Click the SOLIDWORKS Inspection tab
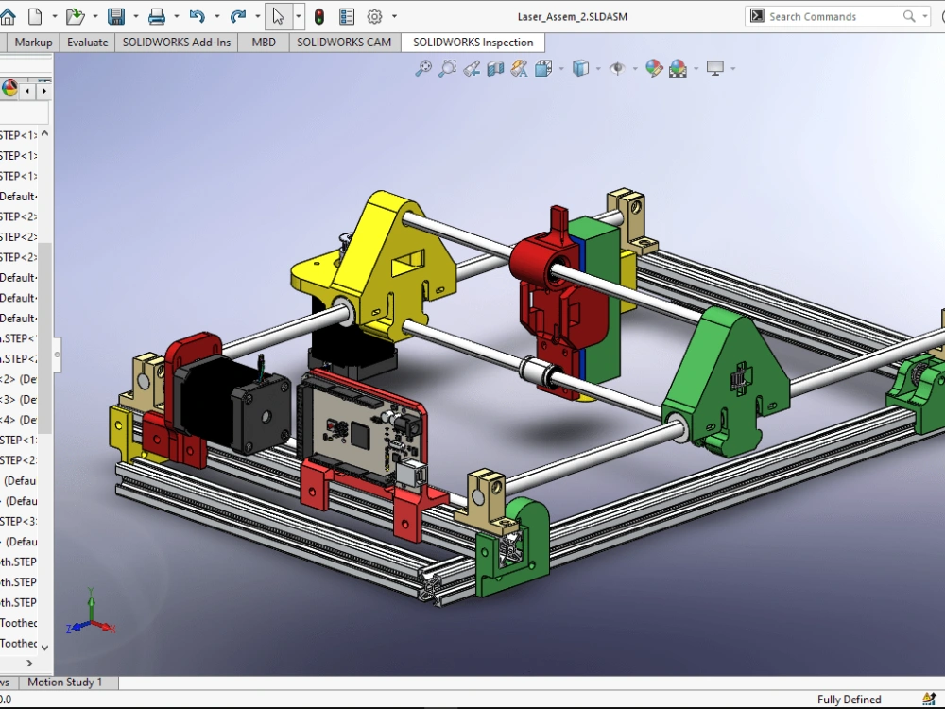point(472,43)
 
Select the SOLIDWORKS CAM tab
point(343,43)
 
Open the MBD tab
point(264,43)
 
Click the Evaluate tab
point(87,43)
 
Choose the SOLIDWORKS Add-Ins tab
point(176,43)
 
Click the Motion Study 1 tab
point(64,683)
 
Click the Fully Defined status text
point(849,700)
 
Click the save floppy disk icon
point(116,16)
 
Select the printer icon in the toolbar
point(157,16)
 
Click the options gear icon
point(374,16)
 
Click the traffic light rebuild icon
point(319,16)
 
